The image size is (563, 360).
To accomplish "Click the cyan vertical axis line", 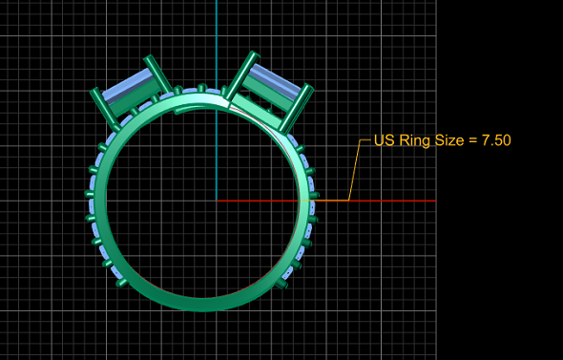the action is point(217,100).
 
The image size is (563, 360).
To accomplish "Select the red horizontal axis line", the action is point(326,201).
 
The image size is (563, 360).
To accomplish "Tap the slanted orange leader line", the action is point(354,170).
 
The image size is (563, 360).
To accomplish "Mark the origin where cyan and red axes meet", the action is point(217,201).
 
